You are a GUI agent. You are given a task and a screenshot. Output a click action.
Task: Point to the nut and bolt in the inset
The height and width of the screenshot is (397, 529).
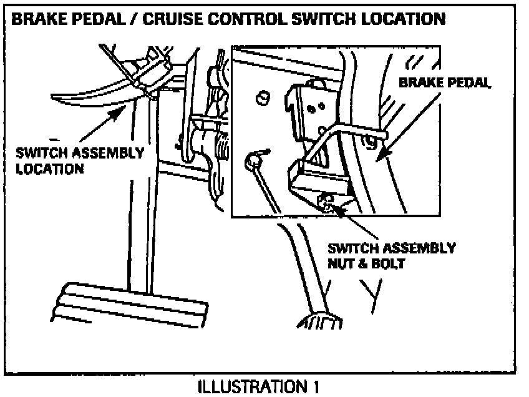click(x=324, y=201)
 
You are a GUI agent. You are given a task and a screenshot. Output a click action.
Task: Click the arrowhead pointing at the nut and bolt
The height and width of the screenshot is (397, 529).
click(x=336, y=208)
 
